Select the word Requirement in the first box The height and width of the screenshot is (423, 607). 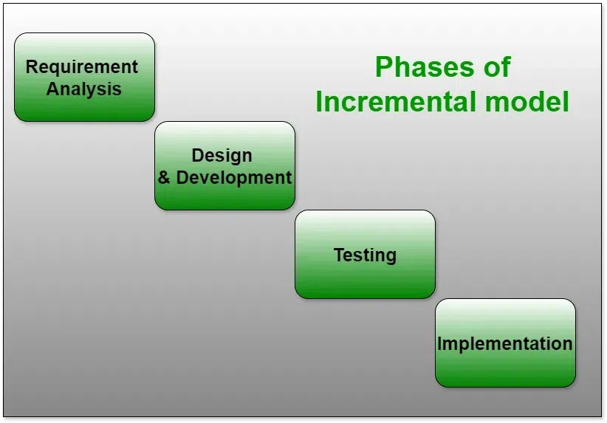pyautogui.click(x=81, y=66)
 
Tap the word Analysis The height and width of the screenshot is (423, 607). pyautogui.click(x=84, y=89)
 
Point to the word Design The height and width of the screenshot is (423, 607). pyautogui.click(x=222, y=155)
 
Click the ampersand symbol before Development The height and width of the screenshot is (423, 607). pyautogui.click(x=164, y=178)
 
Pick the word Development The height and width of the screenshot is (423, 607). pyautogui.click(x=234, y=178)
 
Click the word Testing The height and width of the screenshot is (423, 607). pyautogui.click(x=365, y=255)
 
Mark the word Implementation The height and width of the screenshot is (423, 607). pyautogui.click(x=505, y=344)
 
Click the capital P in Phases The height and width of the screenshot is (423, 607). pyautogui.click(x=383, y=67)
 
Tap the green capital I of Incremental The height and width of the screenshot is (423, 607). pyautogui.click(x=320, y=102)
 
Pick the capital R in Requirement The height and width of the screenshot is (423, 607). pyautogui.click(x=32, y=66)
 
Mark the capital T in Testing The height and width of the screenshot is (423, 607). pyautogui.click(x=339, y=255)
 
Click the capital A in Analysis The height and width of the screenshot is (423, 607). pyautogui.click(x=53, y=89)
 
